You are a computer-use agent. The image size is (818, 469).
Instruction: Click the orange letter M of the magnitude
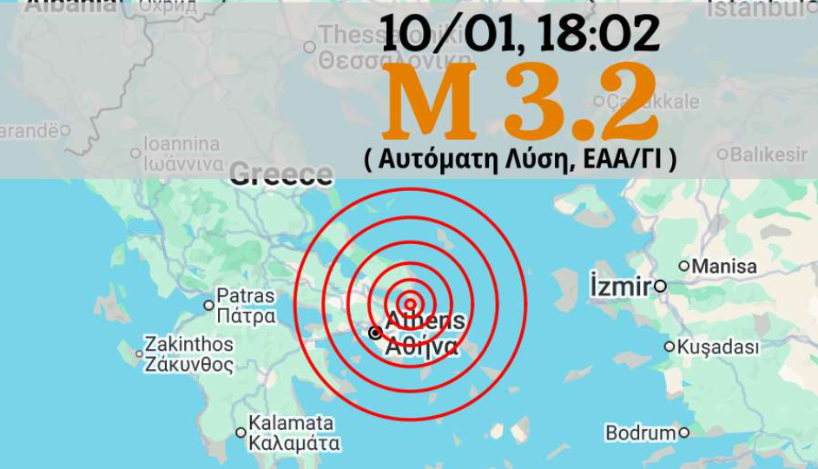(x=428, y=102)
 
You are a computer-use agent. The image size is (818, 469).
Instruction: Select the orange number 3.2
(x=579, y=102)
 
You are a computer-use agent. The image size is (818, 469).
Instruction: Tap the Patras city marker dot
(x=208, y=305)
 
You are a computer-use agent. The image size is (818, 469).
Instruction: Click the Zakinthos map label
(x=188, y=344)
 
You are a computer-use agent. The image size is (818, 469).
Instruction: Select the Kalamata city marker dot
(x=241, y=433)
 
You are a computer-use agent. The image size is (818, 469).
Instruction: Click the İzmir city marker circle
(x=661, y=286)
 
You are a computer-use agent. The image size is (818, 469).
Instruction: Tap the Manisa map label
(x=724, y=267)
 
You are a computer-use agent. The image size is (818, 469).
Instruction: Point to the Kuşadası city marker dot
(x=670, y=347)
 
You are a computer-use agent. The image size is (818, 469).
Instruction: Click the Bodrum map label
(x=640, y=433)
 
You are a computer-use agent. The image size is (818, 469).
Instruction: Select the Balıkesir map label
(x=769, y=155)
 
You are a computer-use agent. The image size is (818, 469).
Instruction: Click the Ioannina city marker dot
(x=135, y=154)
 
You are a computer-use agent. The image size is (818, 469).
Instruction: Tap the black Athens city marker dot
(x=375, y=333)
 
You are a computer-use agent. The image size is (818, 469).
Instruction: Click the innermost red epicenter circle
(x=412, y=303)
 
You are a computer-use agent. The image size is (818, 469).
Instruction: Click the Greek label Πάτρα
(x=246, y=316)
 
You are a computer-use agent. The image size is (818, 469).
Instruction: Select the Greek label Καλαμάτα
(x=294, y=443)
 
